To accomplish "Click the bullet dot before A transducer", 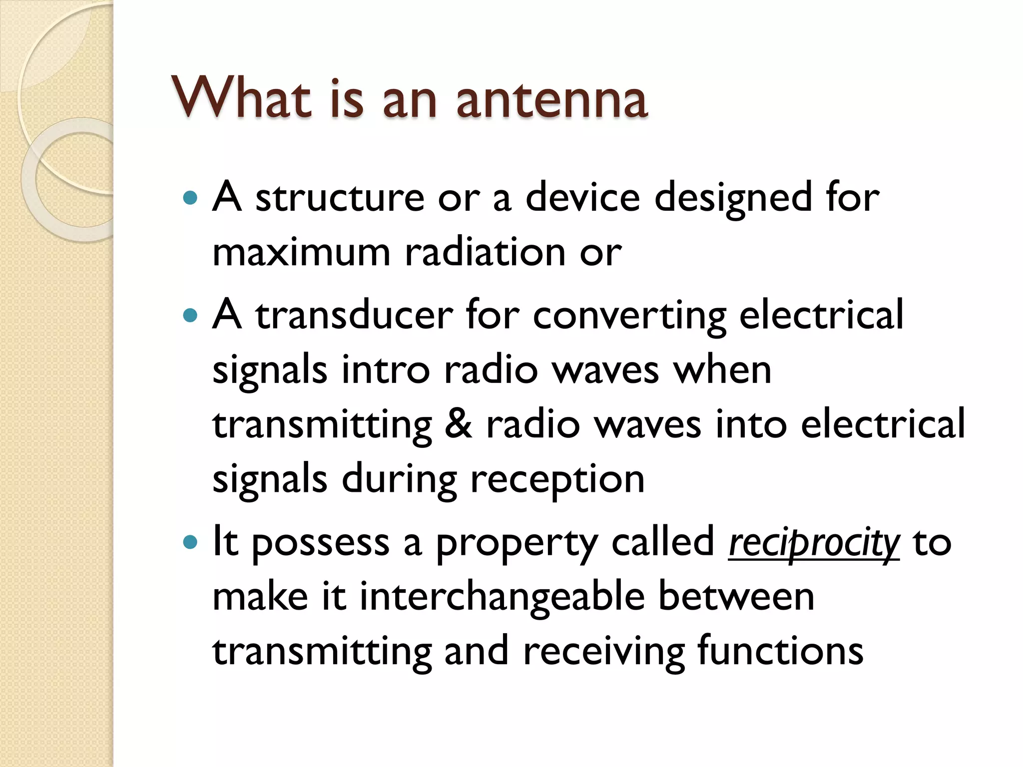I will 190,316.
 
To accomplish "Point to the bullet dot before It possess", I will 190,542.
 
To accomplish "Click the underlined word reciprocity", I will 814,543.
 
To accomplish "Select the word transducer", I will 354,316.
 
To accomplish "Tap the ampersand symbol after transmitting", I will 458,424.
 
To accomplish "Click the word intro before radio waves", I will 386,370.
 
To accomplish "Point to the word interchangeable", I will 502,597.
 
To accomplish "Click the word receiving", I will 604,652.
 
